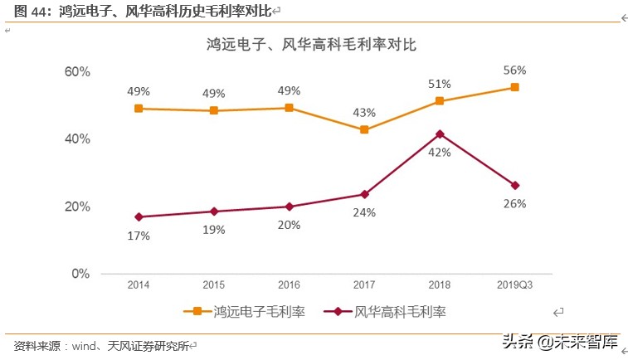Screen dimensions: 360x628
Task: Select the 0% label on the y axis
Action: point(80,274)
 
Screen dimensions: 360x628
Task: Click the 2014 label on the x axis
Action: point(139,286)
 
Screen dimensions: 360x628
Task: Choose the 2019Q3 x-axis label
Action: point(514,286)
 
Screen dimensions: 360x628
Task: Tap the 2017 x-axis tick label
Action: point(364,286)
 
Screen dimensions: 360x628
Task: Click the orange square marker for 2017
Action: point(364,129)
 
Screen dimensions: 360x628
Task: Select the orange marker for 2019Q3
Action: point(514,87)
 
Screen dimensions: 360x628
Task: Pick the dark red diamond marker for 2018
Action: point(440,134)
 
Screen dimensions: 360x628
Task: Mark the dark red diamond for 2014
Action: point(139,217)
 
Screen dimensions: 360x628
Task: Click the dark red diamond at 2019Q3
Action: point(514,185)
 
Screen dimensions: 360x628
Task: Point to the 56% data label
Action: point(514,71)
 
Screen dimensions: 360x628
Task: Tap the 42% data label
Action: point(440,152)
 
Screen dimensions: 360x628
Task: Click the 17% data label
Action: point(139,236)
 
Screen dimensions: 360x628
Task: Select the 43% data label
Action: point(364,112)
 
